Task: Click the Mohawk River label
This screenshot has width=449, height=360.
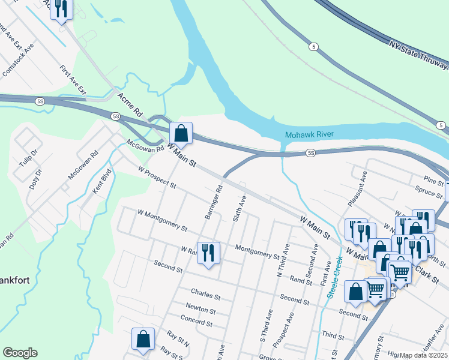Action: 309,134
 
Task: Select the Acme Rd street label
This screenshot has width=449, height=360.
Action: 130,104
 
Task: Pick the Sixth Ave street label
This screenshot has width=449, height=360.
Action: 238,208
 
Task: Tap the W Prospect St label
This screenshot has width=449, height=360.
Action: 157,177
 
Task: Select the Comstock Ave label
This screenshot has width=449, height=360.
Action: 19,59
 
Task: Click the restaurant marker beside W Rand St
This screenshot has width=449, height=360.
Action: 208,253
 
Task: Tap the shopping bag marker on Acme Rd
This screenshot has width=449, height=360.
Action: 181,133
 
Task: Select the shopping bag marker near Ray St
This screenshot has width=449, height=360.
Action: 143,338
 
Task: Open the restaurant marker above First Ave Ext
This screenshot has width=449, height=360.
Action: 61,9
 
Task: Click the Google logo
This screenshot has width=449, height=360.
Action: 20,353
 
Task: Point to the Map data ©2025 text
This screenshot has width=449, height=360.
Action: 423,355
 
